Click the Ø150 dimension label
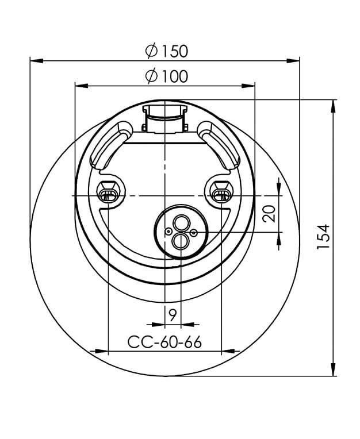tap(167, 51)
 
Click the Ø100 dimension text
tap(167, 76)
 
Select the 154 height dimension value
tap(323, 236)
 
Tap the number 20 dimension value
tap(269, 214)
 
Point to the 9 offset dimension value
tap(173, 315)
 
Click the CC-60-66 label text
tap(164, 342)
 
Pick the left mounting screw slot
tap(109, 195)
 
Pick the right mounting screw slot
tap(221, 195)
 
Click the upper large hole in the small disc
tap(181, 223)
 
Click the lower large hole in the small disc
tap(181, 241)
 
